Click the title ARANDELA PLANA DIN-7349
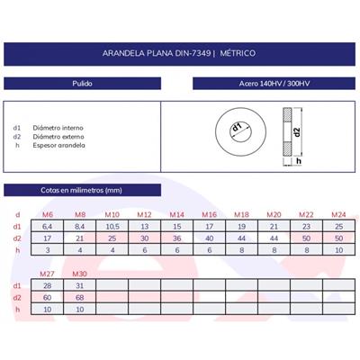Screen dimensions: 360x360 point(180,55)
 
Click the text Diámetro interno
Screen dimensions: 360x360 point(56,128)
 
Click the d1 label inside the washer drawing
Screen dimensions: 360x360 point(237,130)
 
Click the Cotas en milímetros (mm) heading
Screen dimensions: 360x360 point(81,190)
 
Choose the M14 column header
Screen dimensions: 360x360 point(175,214)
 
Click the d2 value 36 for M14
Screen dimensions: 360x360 point(175,238)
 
